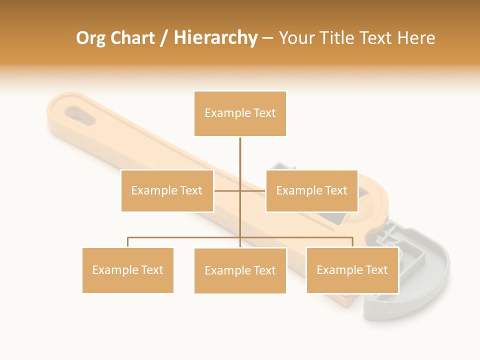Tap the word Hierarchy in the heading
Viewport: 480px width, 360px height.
click(x=215, y=38)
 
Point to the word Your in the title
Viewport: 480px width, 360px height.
click(x=296, y=38)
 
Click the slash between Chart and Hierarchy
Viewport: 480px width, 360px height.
click(x=164, y=38)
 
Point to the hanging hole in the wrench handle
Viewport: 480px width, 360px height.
click(x=78, y=113)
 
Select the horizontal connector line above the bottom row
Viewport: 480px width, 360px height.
click(x=185, y=237)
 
